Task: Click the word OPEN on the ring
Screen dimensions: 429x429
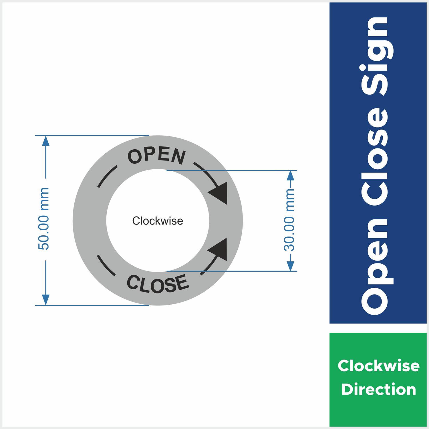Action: coord(157,156)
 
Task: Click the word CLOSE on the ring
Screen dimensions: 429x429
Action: coord(158,284)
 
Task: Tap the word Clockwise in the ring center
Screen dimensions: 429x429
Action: coord(158,221)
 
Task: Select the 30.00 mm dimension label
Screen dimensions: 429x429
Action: coord(289,220)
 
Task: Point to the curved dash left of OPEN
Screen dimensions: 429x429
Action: coord(107,176)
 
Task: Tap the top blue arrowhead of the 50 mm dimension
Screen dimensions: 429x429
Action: coord(46,141)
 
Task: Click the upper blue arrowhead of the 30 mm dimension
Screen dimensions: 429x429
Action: coord(290,175)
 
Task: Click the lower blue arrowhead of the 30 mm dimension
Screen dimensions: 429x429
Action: coord(290,266)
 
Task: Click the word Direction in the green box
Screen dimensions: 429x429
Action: coord(378,390)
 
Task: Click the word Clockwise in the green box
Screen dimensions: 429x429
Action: coord(378,366)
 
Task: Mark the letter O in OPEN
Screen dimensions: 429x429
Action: coord(134,157)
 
